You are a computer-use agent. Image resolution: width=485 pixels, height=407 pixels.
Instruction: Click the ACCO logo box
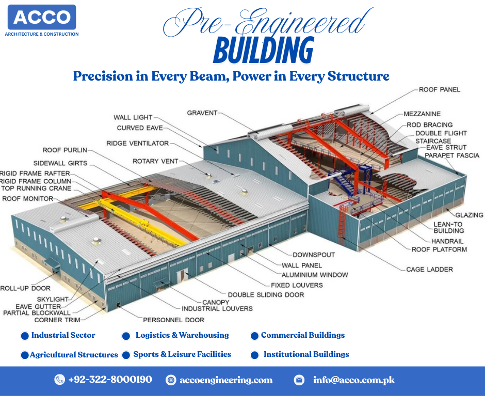click(x=42, y=17)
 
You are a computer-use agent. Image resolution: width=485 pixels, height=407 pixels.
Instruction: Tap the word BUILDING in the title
click(x=264, y=50)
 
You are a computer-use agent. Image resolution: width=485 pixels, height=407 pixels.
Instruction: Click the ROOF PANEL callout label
click(x=439, y=89)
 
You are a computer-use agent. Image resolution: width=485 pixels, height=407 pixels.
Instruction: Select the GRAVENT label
click(x=202, y=113)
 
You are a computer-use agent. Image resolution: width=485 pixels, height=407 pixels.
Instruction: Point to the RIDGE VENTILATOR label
click(x=137, y=143)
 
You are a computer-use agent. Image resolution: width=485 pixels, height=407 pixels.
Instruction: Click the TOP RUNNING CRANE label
click(x=36, y=189)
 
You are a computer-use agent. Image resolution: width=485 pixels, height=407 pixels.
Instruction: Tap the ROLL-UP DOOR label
click(x=25, y=288)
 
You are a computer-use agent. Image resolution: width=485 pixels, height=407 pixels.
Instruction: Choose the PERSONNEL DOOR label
click(x=173, y=320)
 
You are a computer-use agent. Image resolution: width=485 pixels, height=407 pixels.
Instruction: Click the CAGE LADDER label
click(x=429, y=270)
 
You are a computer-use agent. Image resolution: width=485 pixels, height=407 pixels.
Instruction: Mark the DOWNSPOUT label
click(x=314, y=255)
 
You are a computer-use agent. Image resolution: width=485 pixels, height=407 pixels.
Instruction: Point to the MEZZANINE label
click(x=422, y=114)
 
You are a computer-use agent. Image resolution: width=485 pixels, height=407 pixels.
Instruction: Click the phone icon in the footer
click(x=59, y=380)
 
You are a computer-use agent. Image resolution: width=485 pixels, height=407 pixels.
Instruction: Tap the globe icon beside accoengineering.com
click(x=171, y=380)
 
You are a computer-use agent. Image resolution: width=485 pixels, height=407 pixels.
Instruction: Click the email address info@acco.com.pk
click(x=354, y=380)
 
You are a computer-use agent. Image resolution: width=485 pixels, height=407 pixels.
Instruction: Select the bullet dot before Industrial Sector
click(x=25, y=336)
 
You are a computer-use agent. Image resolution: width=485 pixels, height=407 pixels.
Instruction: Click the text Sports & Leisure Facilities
click(x=182, y=354)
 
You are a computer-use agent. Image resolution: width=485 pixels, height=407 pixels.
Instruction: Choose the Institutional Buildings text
click(x=306, y=354)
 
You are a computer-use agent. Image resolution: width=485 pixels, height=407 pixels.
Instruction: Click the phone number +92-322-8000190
click(x=110, y=380)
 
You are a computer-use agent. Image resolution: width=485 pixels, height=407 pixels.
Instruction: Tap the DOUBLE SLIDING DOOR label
click(x=266, y=295)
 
